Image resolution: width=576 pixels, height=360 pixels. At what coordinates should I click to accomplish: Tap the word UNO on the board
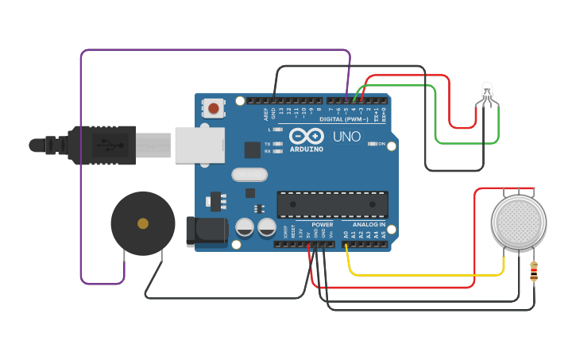click(346, 137)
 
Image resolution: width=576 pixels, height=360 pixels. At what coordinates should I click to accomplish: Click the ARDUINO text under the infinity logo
click(307, 149)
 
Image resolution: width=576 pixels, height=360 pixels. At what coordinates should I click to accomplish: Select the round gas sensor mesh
click(519, 223)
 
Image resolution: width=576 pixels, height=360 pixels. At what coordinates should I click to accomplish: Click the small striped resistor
click(533, 273)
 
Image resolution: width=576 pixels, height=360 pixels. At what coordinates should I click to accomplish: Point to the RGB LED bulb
click(487, 91)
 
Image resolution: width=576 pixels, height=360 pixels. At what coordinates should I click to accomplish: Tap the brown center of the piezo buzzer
click(143, 224)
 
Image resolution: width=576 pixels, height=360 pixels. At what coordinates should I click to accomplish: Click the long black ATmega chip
click(332, 204)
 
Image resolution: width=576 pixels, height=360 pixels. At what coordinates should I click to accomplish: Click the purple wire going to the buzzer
click(81, 159)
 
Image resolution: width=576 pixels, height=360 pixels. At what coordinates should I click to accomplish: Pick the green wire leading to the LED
click(469, 143)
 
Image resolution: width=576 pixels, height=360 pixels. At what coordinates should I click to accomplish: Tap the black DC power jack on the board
click(205, 230)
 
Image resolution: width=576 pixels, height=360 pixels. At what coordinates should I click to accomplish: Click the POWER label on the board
click(323, 225)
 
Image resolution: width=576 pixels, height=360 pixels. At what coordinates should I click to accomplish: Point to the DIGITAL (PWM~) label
click(343, 119)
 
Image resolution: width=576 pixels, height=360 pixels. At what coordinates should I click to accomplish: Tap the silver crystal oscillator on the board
click(247, 174)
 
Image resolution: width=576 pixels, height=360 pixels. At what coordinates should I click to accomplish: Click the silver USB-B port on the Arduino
click(199, 145)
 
